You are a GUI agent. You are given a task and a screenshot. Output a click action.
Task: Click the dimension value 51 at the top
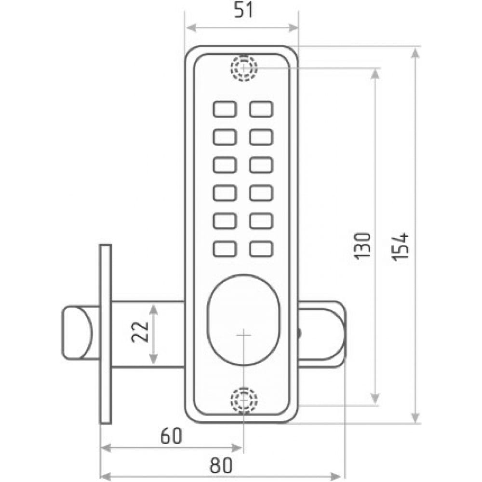click(244, 10)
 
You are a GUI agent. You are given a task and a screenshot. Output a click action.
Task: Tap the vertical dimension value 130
click(363, 246)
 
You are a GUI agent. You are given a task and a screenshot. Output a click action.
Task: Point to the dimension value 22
click(140, 332)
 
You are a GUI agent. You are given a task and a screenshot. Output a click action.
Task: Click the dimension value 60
click(172, 436)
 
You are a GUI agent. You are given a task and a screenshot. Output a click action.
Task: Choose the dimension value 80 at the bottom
click(221, 465)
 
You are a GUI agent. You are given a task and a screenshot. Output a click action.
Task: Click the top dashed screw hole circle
click(244, 68)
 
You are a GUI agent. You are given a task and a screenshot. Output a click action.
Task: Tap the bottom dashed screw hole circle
click(244, 400)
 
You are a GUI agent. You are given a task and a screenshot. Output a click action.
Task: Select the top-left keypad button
click(225, 109)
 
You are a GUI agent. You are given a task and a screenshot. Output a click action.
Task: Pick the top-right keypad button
click(261, 109)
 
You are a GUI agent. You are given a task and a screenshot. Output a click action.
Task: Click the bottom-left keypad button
click(225, 249)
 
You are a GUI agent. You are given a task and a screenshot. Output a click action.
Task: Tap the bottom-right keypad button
click(261, 249)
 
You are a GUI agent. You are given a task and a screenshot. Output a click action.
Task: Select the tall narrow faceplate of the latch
click(106, 334)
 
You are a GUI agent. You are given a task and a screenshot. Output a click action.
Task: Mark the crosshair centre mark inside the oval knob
click(244, 335)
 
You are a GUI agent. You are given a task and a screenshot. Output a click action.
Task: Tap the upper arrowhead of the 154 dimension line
click(415, 54)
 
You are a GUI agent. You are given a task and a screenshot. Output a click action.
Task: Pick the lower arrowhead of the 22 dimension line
click(153, 359)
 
